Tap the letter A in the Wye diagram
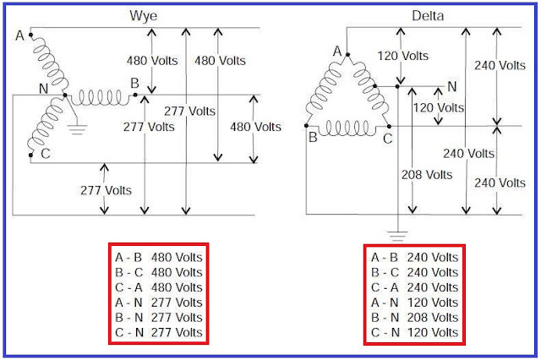pyautogui.click(x=19, y=35)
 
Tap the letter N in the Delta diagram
pyautogui.click(x=451, y=86)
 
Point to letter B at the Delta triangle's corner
pyautogui.click(x=312, y=138)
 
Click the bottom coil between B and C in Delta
pyautogui.click(x=349, y=129)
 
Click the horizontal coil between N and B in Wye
pyautogui.click(x=101, y=97)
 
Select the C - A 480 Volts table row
pyautogui.click(x=159, y=286)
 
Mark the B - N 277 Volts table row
pyautogui.click(x=159, y=317)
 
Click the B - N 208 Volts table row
pyautogui.click(x=414, y=317)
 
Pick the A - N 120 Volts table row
pyautogui.click(x=414, y=302)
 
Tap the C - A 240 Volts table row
pyautogui.click(x=414, y=286)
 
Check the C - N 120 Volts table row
pyautogui.click(x=414, y=332)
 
